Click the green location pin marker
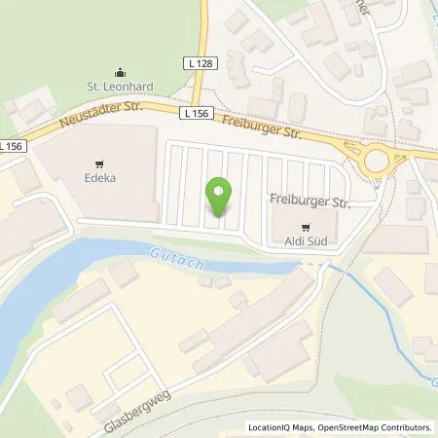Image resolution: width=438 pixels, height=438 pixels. (221, 197)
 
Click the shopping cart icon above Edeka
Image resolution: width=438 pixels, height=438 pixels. (99, 164)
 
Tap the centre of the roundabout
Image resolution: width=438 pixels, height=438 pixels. (376, 160)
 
